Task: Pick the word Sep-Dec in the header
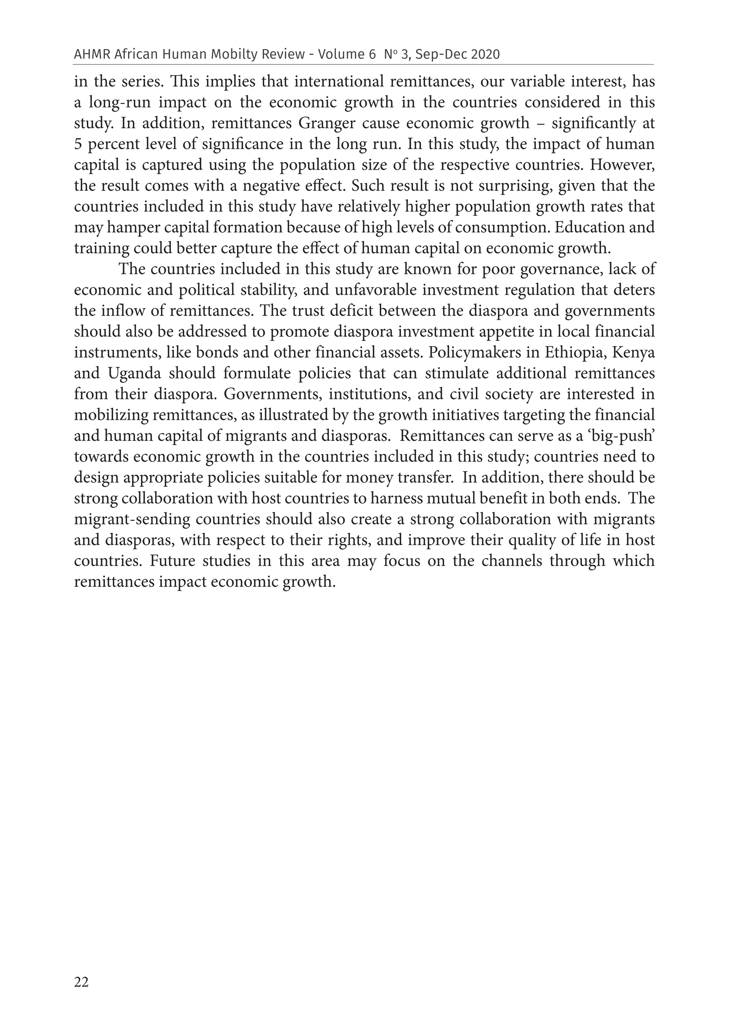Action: tap(436, 54)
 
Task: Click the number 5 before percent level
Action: tap(78, 144)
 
